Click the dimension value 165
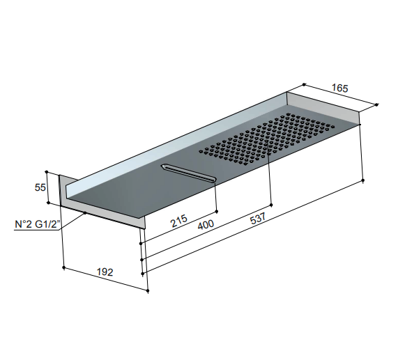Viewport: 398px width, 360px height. pos(340,88)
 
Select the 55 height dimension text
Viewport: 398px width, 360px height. pos(40,187)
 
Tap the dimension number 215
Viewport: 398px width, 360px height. pos(179,221)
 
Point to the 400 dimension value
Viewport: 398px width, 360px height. pos(206,225)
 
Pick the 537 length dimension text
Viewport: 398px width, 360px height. pos(258,219)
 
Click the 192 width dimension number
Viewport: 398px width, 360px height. pos(105,272)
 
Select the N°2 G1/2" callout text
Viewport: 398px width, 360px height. pos(38,224)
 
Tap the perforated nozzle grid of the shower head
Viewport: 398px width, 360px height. pos(267,139)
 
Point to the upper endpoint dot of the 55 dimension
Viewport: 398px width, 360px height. pos(47,172)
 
